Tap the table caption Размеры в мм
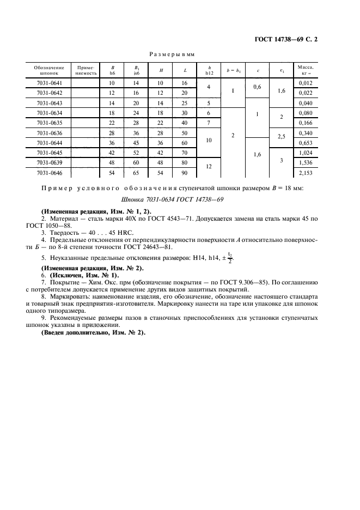172,54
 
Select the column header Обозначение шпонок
48,71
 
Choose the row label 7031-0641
48,83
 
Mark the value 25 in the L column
185,103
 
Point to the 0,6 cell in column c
258,88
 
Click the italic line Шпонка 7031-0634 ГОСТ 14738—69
172,199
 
